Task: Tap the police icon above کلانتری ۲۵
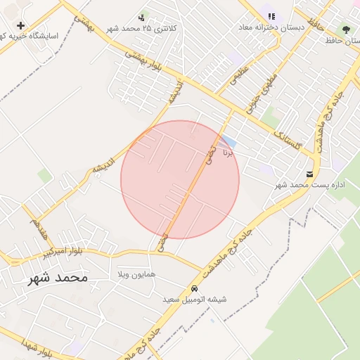(142, 16)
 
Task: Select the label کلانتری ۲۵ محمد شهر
(141, 29)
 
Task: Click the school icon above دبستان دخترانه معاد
(271, 16)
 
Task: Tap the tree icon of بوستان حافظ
(346, 30)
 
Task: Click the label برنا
(226, 151)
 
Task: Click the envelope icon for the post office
(310, 174)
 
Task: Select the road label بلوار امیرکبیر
(63, 251)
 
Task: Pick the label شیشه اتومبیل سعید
(195, 300)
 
